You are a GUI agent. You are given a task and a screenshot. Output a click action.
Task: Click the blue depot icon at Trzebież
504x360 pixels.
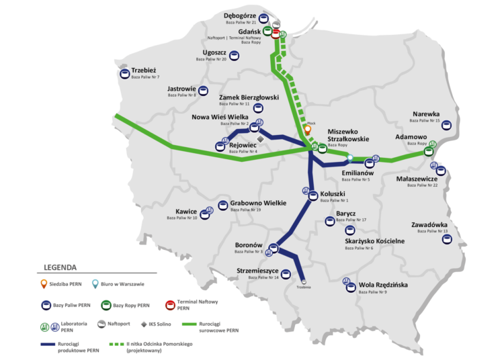point(126,73)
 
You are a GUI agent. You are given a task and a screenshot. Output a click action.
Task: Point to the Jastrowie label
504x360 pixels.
point(181,89)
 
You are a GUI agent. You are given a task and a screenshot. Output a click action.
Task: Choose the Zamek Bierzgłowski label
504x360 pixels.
point(249,97)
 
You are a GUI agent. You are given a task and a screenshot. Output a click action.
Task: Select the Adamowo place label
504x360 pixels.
point(411,136)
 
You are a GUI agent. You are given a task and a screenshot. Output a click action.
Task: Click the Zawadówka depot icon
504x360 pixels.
point(446,238)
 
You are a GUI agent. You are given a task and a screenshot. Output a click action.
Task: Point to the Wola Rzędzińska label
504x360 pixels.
point(384,285)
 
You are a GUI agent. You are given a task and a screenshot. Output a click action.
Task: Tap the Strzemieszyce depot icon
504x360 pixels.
point(286,273)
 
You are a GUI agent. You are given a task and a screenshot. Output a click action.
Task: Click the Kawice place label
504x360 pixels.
point(187,212)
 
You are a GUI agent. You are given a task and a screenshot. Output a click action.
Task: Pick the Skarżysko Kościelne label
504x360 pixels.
point(374,241)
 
